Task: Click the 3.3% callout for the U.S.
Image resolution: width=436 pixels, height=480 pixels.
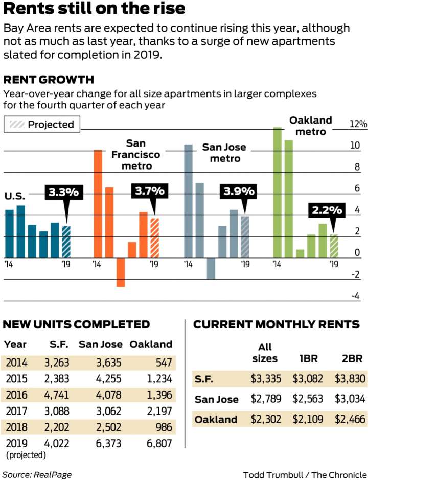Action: [x=63, y=193]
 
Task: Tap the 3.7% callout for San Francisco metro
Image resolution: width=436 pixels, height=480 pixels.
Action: [x=150, y=191]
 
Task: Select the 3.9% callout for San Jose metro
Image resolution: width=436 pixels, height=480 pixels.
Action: [x=238, y=191]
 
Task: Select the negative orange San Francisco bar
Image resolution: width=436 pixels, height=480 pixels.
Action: [x=121, y=273]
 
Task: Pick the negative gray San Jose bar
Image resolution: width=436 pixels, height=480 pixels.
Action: [x=211, y=269]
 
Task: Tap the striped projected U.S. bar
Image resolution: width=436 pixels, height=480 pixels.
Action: [x=66, y=242]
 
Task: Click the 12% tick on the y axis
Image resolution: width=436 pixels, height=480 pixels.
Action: [x=358, y=125]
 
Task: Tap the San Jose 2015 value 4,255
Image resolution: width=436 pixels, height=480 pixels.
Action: [x=108, y=379]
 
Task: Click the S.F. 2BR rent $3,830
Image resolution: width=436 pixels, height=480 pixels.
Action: [x=349, y=379]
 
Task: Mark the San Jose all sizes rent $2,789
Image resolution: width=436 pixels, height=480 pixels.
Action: [x=265, y=399]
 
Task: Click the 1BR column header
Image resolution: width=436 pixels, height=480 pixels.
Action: [x=308, y=358]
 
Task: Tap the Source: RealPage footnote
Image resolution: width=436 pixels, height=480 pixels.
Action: [x=37, y=474]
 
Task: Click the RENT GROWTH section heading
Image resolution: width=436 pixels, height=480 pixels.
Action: [x=49, y=80]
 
